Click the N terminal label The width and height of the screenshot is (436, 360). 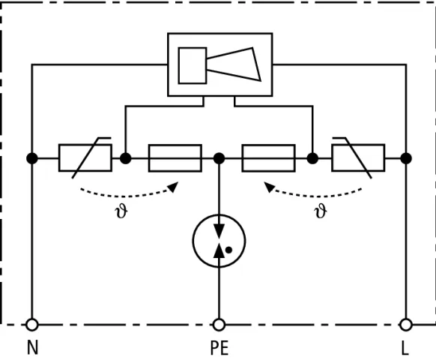pyautogui.click(x=32, y=348)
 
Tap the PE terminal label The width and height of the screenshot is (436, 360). pyautogui.click(x=219, y=348)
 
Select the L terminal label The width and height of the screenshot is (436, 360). pyautogui.click(x=405, y=348)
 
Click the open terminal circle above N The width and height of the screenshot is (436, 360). pyautogui.click(x=32, y=325)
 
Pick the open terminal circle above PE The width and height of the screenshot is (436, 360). pyautogui.click(x=219, y=325)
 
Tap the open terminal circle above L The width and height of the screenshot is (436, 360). pyautogui.click(x=406, y=325)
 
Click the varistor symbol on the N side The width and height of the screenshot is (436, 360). pyautogui.click(x=85, y=157)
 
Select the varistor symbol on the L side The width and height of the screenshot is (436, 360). pyautogui.click(x=358, y=157)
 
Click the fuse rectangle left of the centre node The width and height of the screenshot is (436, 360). pyautogui.click(x=175, y=158)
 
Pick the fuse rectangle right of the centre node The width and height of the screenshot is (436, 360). pyautogui.click(x=269, y=158)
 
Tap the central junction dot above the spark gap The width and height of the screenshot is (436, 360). pyautogui.click(x=219, y=158)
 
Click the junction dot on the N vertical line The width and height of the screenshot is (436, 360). pyautogui.click(x=32, y=158)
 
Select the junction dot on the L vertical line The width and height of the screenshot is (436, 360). pyautogui.click(x=406, y=158)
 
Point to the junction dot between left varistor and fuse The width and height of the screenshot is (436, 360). pyautogui.click(x=125, y=158)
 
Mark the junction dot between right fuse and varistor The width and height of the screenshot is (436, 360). pyautogui.click(x=312, y=158)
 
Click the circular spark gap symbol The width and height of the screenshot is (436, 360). pyautogui.click(x=219, y=241)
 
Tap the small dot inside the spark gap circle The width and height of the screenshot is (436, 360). pyautogui.click(x=228, y=250)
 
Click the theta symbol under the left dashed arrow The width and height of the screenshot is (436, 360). pyautogui.click(x=121, y=211)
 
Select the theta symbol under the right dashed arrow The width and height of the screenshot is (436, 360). pyautogui.click(x=321, y=211)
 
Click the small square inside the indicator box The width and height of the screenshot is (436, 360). pyautogui.click(x=193, y=66)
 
